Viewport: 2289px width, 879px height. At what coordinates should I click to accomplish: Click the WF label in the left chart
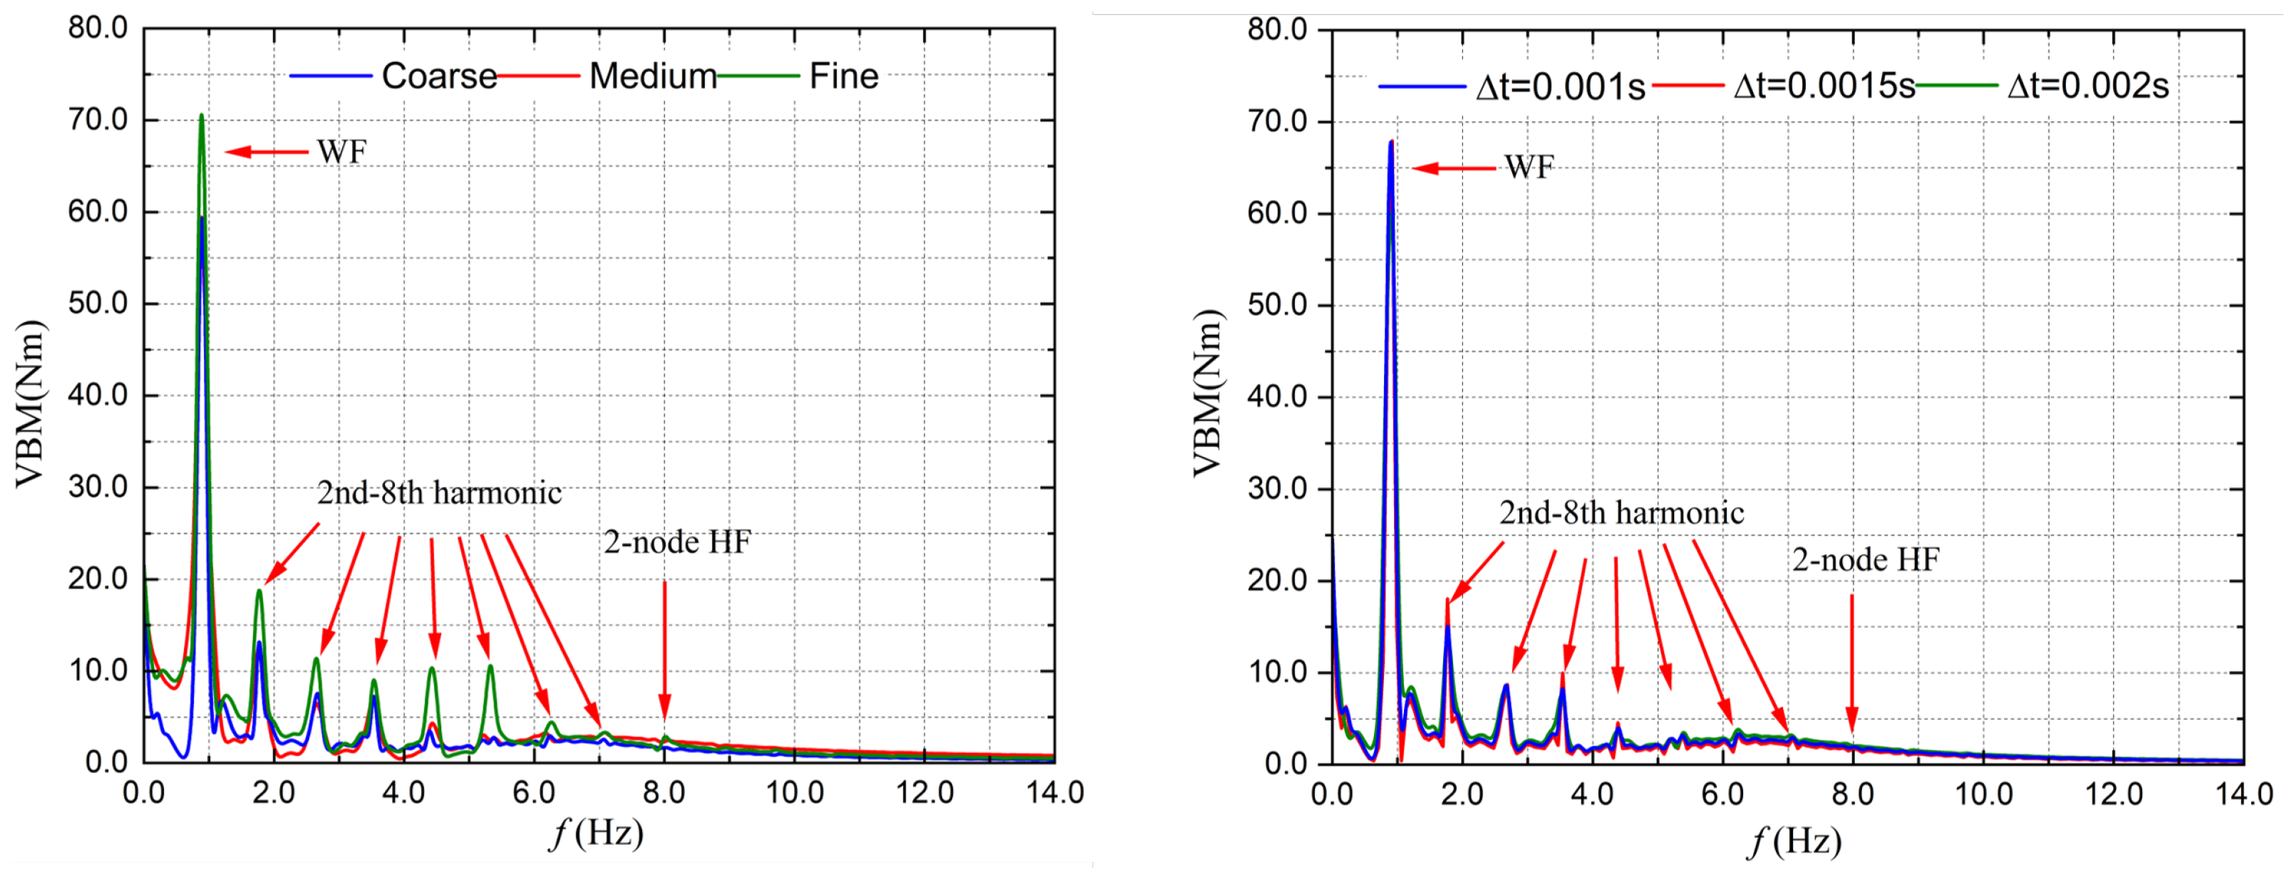click(x=342, y=152)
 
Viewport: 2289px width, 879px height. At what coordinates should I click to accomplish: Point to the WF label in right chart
click(x=1529, y=167)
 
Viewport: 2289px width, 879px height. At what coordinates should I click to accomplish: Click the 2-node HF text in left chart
click(x=677, y=542)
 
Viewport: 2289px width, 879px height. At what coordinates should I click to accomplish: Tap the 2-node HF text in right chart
click(x=1865, y=560)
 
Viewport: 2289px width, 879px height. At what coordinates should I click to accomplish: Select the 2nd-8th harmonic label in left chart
click(x=439, y=493)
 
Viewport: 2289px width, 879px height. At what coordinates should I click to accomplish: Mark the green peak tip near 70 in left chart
click(x=202, y=115)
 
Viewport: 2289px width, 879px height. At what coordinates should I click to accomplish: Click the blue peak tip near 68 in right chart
click(x=1390, y=142)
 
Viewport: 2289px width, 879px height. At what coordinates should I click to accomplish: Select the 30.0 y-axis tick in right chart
click(x=1278, y=489)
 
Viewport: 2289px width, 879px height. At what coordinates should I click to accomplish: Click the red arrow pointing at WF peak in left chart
click(x=267, y=152)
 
